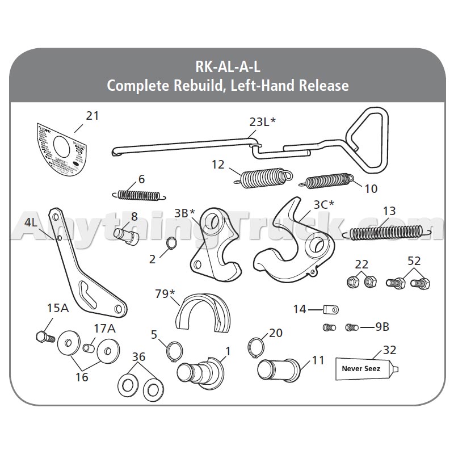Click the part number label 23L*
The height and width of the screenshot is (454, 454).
click(x=263, y=121)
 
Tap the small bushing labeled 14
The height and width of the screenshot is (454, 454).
click(x=331, y=310)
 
